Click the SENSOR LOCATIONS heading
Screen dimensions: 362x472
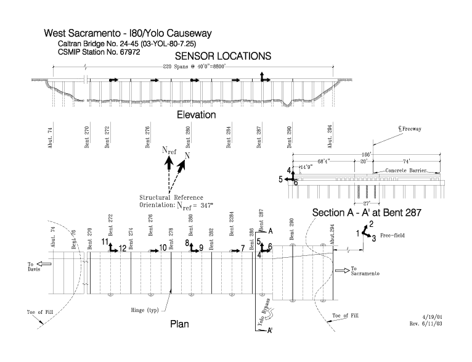coord(224,56)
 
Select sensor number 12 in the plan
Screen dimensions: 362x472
coord(123,249)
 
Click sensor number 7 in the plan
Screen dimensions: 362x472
coord(243,248)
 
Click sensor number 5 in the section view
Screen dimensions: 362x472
coord(280,179)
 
